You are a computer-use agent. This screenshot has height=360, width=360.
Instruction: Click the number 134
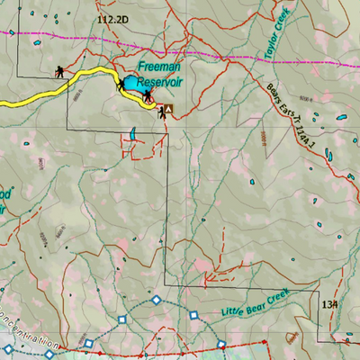[x=329, y=304]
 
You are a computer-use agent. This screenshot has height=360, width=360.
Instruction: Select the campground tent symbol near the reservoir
[x=169, y=110]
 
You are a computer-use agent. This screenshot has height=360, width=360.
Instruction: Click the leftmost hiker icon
[x=58, y=71]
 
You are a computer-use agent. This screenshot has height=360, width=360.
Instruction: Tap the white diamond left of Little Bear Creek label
[x=193, y=315]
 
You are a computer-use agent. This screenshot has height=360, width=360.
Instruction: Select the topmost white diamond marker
[x=156, y=300]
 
